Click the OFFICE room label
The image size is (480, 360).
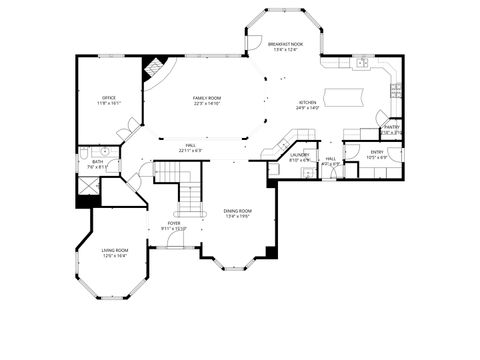click(x=110, y=97)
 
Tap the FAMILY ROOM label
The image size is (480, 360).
click(x=206, y=97)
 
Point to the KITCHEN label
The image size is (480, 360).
click(x=307, y=102)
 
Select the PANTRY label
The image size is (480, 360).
click(x=392, y=127)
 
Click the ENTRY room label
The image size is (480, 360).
click(x=376, y=152)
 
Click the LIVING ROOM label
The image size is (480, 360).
click(x=115, y=250)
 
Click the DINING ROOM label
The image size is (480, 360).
click(x=237, y=211)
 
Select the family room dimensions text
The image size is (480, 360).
click(x=206, y=102)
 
